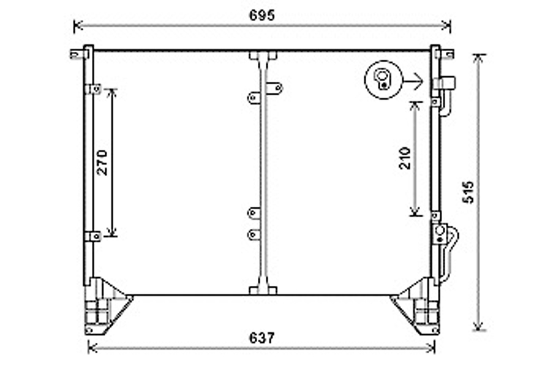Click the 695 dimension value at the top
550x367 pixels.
262,16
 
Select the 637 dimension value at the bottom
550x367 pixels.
262,338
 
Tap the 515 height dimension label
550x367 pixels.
468,192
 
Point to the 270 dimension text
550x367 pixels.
103,162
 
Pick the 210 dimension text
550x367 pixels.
405,158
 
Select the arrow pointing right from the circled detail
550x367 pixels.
414,82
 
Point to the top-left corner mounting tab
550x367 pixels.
75,54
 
